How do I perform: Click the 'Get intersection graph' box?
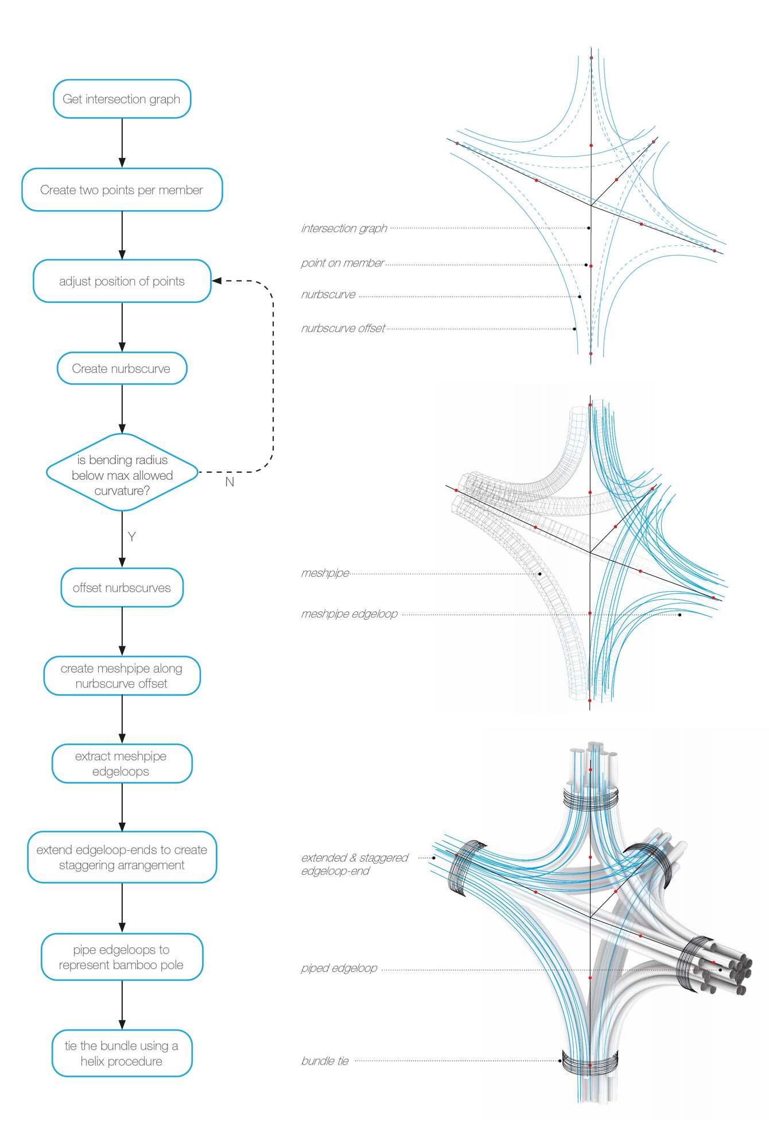122,99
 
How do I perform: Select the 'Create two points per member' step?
122,190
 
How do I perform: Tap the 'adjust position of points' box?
122,281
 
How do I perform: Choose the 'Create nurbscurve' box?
122,368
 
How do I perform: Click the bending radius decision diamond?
122,475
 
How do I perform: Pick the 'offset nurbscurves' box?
122,588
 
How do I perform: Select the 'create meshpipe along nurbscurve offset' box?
122,676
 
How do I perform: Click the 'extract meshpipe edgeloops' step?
122,763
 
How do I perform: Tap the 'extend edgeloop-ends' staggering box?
122,857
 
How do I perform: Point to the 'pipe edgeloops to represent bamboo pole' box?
122,957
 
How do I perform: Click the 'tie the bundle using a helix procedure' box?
122,1053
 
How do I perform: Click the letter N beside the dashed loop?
230,482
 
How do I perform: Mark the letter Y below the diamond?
131,537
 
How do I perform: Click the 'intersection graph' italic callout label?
344,228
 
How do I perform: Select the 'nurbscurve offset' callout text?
343,328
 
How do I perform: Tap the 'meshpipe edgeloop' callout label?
349,614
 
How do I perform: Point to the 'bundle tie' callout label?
325,1060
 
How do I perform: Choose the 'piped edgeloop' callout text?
339,968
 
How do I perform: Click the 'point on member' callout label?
342,263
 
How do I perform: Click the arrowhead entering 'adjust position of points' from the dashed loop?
217,281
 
